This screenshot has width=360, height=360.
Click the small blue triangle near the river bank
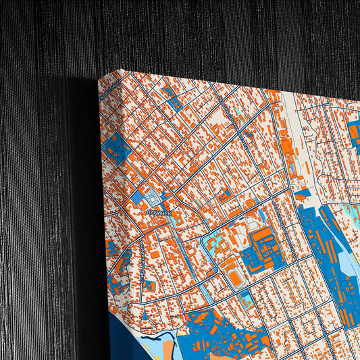coord(143,315)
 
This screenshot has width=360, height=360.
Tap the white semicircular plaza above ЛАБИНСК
coord(151,197)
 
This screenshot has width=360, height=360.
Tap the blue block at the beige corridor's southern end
coord(302,193)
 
